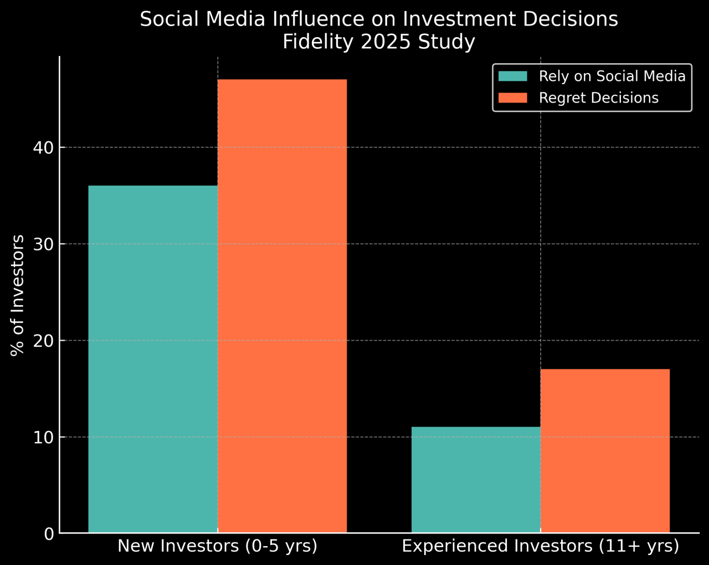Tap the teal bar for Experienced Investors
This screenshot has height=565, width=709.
coord(476,480)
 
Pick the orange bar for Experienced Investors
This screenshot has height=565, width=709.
coord(605,451)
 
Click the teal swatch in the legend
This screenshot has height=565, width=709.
coord(512,76)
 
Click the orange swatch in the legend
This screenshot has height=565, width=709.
coord(512,98)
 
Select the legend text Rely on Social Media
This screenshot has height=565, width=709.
coord(612,76)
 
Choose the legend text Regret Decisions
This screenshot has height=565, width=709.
coord(599,98)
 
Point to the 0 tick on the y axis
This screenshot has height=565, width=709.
coord(49,534)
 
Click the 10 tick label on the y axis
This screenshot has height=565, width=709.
coord(44,438)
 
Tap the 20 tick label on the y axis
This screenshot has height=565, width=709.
coord(44,341)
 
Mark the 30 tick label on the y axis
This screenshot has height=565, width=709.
coord(44,244)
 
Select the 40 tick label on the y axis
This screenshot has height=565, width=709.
coord(44,147)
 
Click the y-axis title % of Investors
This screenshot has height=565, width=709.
coord(18,295)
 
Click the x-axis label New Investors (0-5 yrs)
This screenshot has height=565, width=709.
coord(217,546)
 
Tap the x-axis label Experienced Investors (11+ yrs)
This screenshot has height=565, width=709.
coord(540,546)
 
